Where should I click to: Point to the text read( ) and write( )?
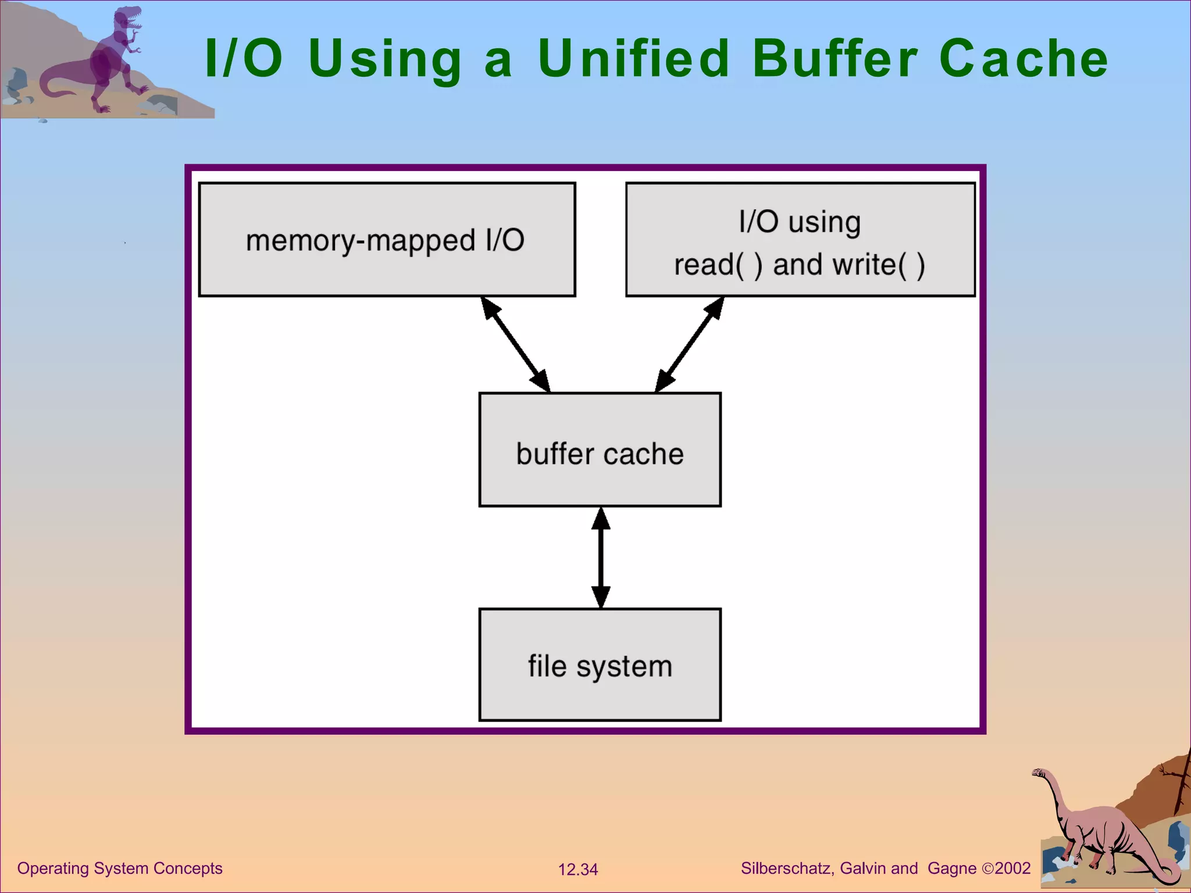pyautogui.click(x=800, y=265)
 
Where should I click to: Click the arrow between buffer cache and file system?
pyautogui.click(x=601, y=558)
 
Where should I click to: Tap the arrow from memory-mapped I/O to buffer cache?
pyautogui.click(x=516, y=344)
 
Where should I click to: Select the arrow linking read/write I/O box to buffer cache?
pyautogui.click(x=689, y=344)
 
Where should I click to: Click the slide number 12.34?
pyautogui.click(x=577, y=870)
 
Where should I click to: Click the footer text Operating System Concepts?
pyautogui.click(x=120, y=868)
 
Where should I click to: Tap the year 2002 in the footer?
pyautogui.click(x=1012, y=868)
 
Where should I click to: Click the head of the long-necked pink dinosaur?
pyautogui.click(x=1039, y=773)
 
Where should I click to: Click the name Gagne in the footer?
pyautogui.click(x=952, y=868)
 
